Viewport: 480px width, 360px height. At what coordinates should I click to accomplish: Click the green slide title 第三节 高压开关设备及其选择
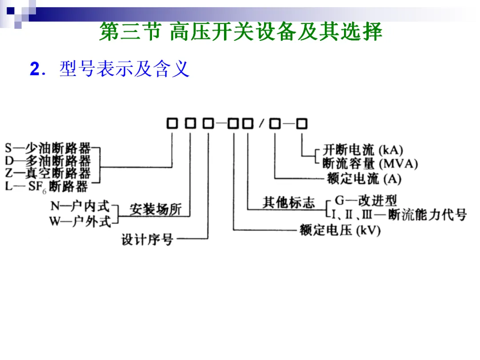pyautogui.click(x=240, y=31)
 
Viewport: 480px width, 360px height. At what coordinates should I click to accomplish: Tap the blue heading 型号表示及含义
pyautogui.click(x=124, y=69)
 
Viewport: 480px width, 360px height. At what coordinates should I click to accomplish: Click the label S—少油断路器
pyautogui.click(x=48, y=148)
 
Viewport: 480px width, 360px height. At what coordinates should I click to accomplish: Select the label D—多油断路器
pyautogui.click(x=48, y=161)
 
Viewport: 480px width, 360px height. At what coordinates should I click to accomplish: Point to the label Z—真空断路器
pyautogui.click(x=48, y=173)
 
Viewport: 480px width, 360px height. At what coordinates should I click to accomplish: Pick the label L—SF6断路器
pyautogui.click(x=47, y=186)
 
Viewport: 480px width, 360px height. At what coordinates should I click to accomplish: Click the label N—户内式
pyautogui.click(x=80, y=206)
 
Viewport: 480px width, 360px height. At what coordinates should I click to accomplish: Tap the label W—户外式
pyautogui.click(x=80, y=221)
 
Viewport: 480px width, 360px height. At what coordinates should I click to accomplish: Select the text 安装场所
pyautogui.click(x=156, y=209)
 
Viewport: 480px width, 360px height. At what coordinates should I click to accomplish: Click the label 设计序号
pyautogui.click(x=147, y=240)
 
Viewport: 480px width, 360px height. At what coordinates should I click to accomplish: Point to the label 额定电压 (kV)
pyautogui.click(x=340, y=230)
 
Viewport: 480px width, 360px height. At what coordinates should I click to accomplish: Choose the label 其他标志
pyautogui.click(x=289, y=202)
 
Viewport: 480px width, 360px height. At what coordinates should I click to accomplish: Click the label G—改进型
pyautogui.click(x=366, y=201)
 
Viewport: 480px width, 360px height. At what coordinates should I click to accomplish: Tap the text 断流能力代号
pyautogui.click(x=428, y=215)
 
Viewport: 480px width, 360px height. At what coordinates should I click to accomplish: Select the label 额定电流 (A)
pyautogui.click(x=364, y=179)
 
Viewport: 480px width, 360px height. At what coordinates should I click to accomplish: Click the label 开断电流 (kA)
pyautogui.click(x=363, y=150)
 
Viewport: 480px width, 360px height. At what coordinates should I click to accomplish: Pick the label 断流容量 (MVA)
pyautogui.click(x=370, y=164)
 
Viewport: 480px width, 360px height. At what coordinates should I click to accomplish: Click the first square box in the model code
pyautogui.click(x=172, y=124)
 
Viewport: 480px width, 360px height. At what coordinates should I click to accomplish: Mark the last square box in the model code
pyautogui.click(x=302, y=124)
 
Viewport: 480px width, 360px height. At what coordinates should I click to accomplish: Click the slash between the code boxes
pyautogui.click(x=261, y=124)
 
